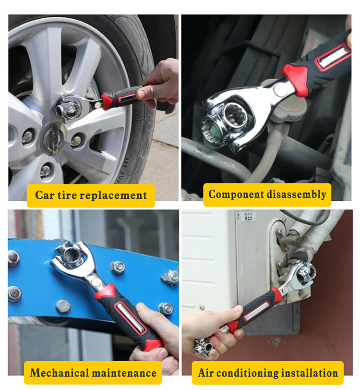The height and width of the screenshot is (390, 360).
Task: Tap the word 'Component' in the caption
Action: [236, 195]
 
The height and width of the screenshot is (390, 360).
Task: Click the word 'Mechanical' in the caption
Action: [59, 373]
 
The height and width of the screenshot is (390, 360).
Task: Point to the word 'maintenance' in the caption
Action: [124, 373]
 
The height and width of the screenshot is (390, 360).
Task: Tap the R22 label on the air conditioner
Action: [248, 219]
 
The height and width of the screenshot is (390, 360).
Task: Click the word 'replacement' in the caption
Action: [114, 196]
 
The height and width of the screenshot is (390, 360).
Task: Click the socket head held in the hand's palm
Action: [204, 346]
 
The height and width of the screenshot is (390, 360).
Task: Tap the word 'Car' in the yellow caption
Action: [45, 195]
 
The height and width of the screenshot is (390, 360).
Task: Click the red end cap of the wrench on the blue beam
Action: [152, 345]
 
